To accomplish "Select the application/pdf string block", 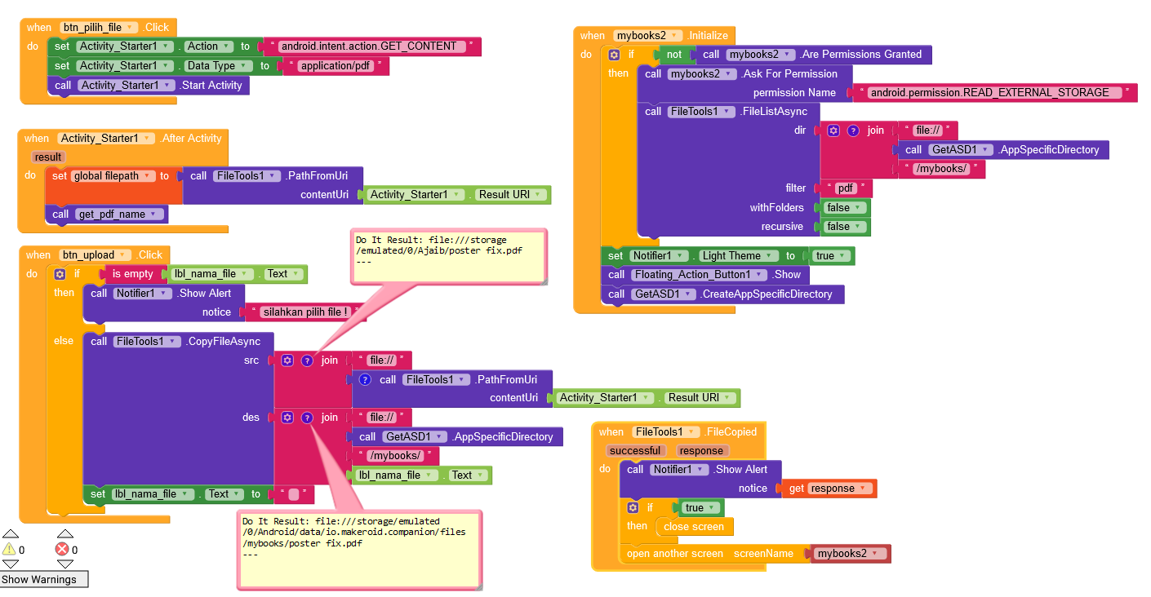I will pos(336,66).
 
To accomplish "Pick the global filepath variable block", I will pos(105,176).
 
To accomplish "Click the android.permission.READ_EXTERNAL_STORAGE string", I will pos(989,93).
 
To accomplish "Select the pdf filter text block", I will pos(845,188).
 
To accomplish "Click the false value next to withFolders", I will pos(843,208).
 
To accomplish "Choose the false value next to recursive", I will pos(843,227).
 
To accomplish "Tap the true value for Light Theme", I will pos(830,256).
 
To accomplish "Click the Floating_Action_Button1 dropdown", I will pos(700,275).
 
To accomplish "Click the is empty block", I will pos(132,274).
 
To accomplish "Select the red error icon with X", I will pos(61,550).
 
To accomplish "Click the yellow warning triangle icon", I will pos(9,550).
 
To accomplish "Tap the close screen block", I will pos(693,527).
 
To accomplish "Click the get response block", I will pos(829,489).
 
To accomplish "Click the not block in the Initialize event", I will pos(673,55).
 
